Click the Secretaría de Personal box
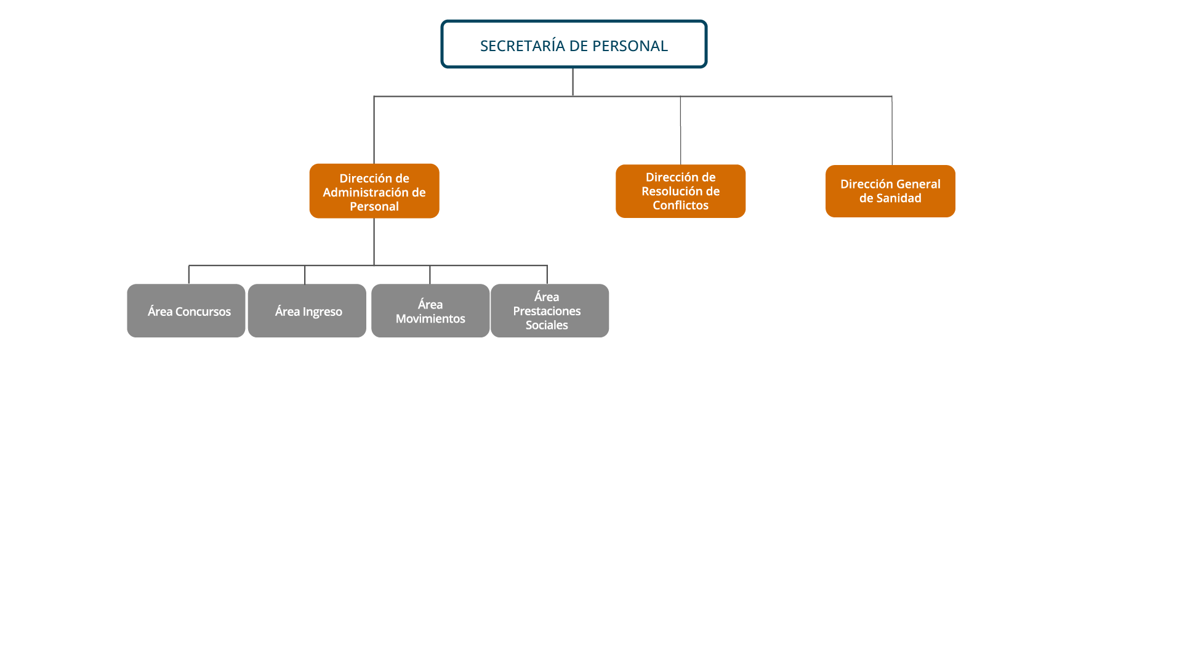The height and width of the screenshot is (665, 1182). point(574,44)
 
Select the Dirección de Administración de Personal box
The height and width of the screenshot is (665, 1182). point(374,191)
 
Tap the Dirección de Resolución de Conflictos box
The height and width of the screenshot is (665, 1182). point(680,191)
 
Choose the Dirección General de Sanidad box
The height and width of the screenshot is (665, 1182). point(890,191)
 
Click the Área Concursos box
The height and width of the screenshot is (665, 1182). point(186,310)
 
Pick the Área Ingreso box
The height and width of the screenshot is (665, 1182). point(307,310)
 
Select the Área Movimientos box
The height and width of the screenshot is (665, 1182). point(430,310)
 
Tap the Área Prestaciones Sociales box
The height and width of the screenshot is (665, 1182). point(550,310)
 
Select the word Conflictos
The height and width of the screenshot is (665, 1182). point(680,206)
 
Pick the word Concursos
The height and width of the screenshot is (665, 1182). point(203,312)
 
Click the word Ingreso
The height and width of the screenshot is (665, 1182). point(322,312)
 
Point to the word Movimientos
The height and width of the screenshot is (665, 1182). point(430,319)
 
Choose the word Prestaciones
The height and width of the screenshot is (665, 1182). point(547,312)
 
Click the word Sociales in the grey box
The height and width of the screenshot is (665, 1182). point(547,326)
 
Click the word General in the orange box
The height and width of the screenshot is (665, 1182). point(917,184)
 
